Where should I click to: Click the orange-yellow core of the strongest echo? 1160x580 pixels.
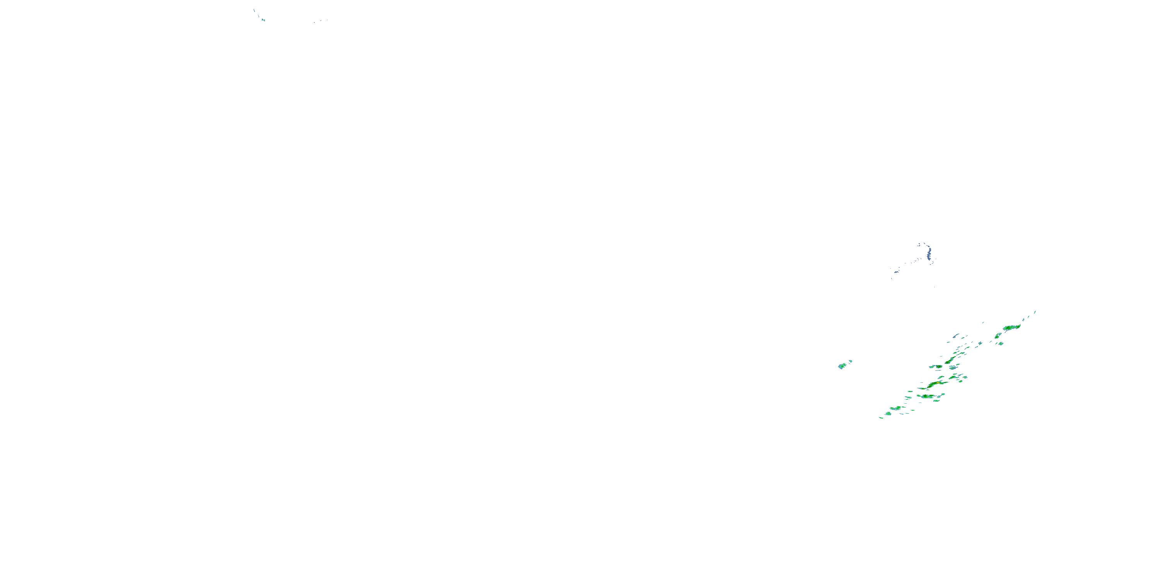coord(938,382)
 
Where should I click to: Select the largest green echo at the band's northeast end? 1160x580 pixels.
coord(1012,327)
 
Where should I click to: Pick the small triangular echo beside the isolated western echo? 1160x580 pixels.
coord(850,361)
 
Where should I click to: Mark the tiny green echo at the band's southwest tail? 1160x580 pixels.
coord(881,418)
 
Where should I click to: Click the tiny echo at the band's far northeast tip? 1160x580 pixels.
coord(1035,312)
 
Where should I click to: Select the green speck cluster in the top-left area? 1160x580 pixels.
coord(263,20)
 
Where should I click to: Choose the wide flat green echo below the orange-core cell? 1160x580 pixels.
coord(926,396)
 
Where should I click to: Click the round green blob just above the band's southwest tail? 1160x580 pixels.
coord(888,413)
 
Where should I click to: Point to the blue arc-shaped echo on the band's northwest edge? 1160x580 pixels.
coord(955,336)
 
